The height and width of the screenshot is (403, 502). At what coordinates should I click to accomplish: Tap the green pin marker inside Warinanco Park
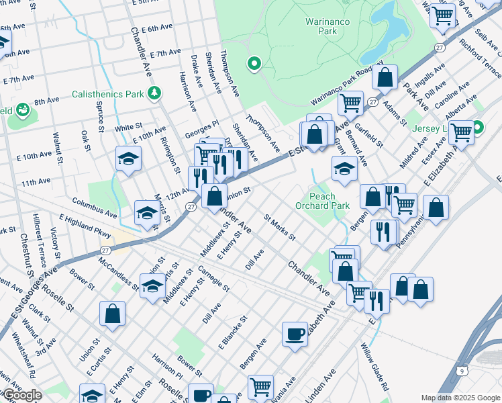click(254, 64)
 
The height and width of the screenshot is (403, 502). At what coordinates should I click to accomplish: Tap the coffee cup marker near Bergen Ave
click(295, 334)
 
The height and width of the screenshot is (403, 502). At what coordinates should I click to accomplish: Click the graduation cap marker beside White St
click(128, 159)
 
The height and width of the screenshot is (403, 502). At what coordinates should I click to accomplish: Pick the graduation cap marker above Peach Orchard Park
click(344, 169)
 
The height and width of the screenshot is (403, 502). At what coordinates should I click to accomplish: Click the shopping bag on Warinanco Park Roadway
click(385, 77)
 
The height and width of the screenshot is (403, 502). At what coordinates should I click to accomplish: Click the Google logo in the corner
click(21, 395)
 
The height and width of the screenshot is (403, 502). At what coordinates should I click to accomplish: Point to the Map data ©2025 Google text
click(460, 398)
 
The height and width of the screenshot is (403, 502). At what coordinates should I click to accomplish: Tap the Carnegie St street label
click(213, 279)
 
